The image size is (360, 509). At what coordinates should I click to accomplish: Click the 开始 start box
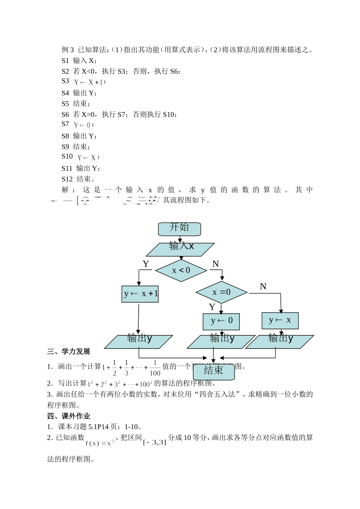click(x=179, y=229)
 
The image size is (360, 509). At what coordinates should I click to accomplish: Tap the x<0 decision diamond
click(x=181, y=270)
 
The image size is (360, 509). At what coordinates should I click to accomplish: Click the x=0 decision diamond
click(x=221, y=292)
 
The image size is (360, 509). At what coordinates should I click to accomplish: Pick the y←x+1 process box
click(x=140, y=294)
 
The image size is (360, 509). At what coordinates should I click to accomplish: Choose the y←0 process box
click(x=221, y=322)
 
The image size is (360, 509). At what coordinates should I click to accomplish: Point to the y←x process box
click(x=280, y=320)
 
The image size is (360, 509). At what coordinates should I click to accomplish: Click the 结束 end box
click(x=214, y=371)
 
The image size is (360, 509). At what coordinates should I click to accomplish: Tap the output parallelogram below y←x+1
click(x=139, y=341)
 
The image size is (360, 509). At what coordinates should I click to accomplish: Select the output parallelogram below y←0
click(x=221, y=341)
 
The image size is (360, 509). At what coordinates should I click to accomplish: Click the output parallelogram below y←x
click(x=280, y=341)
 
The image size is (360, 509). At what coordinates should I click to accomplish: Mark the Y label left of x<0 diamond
click(x=146, y=264)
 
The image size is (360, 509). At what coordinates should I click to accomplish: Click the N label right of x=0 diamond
click(x=263, y=287)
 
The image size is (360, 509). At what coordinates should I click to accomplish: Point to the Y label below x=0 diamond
click(x=212, y=307)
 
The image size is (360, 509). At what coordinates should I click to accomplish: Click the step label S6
click(x=65, y=114)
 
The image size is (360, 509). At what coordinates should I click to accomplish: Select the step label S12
click(x=67, y=179)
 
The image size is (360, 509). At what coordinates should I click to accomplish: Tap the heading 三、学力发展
click(x=69, y=352)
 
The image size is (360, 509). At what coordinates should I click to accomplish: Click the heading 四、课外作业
click(x=69, y=416)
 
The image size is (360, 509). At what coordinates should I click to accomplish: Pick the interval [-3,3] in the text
click(x=155, y=442)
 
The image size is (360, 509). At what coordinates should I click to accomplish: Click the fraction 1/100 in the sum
click(x=155, y=368)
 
